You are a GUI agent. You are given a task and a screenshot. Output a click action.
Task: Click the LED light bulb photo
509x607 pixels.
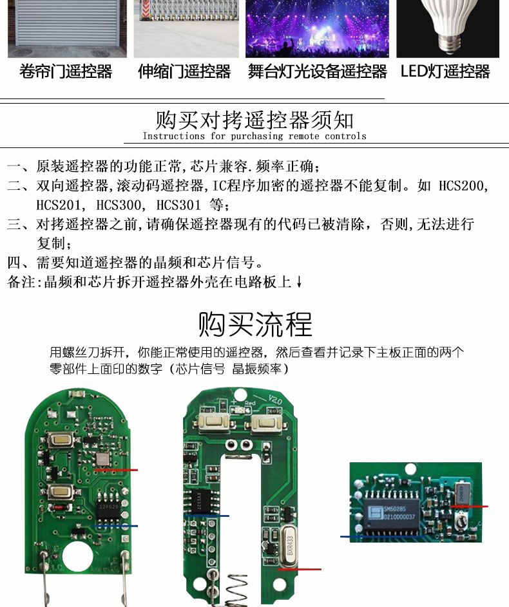tap(447, 28)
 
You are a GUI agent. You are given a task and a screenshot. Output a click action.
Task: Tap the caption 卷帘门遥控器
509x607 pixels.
tap(66, 71)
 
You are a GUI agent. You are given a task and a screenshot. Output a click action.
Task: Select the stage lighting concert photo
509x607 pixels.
tap(317, 28)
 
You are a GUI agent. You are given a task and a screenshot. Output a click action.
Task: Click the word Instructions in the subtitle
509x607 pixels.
tap(173, 136)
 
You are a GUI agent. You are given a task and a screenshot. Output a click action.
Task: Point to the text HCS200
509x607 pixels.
tap(463, 186)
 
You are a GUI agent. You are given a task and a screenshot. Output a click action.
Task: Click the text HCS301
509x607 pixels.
tap(178, 205)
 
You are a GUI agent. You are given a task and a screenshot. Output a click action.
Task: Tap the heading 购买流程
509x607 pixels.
tap(255, 324)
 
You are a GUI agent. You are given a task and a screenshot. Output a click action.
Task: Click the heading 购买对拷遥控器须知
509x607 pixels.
tap(254, 120)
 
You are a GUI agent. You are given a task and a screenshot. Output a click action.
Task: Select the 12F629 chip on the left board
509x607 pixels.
tap(109, 507)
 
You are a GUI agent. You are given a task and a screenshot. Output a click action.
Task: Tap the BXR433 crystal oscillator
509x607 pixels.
tap(290, 545)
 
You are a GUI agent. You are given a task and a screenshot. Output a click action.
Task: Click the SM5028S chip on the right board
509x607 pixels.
tap(393, 513)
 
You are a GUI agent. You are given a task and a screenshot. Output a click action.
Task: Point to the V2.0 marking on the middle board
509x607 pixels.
tap(275, 400)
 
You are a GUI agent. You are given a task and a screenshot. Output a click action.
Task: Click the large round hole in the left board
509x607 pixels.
tap(77, 557)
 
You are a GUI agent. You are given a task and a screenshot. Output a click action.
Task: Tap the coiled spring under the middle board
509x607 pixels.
tap(236, 590)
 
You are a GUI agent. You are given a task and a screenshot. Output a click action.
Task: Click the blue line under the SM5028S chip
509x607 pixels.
tap(382, 537)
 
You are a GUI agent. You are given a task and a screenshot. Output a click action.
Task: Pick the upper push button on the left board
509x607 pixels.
tap(61, 439)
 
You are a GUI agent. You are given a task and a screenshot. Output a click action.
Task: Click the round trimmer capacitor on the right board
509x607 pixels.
tap(461, 522)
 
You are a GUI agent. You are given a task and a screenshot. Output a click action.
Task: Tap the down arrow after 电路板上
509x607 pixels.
tap(299, 282)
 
